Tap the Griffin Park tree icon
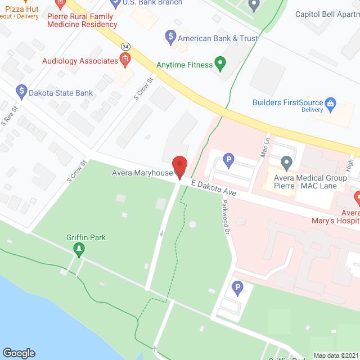pos(79,249)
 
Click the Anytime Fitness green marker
pos(220,64)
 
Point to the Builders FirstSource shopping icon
pos(331,102)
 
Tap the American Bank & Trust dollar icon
pos(170,38)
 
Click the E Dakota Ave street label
pos(213,188)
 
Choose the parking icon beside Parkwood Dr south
pos(237,289)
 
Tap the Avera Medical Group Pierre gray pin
pos(286,163)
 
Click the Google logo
pos(19,353)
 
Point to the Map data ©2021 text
pos(335,355)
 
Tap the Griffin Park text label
pos(85,237)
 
